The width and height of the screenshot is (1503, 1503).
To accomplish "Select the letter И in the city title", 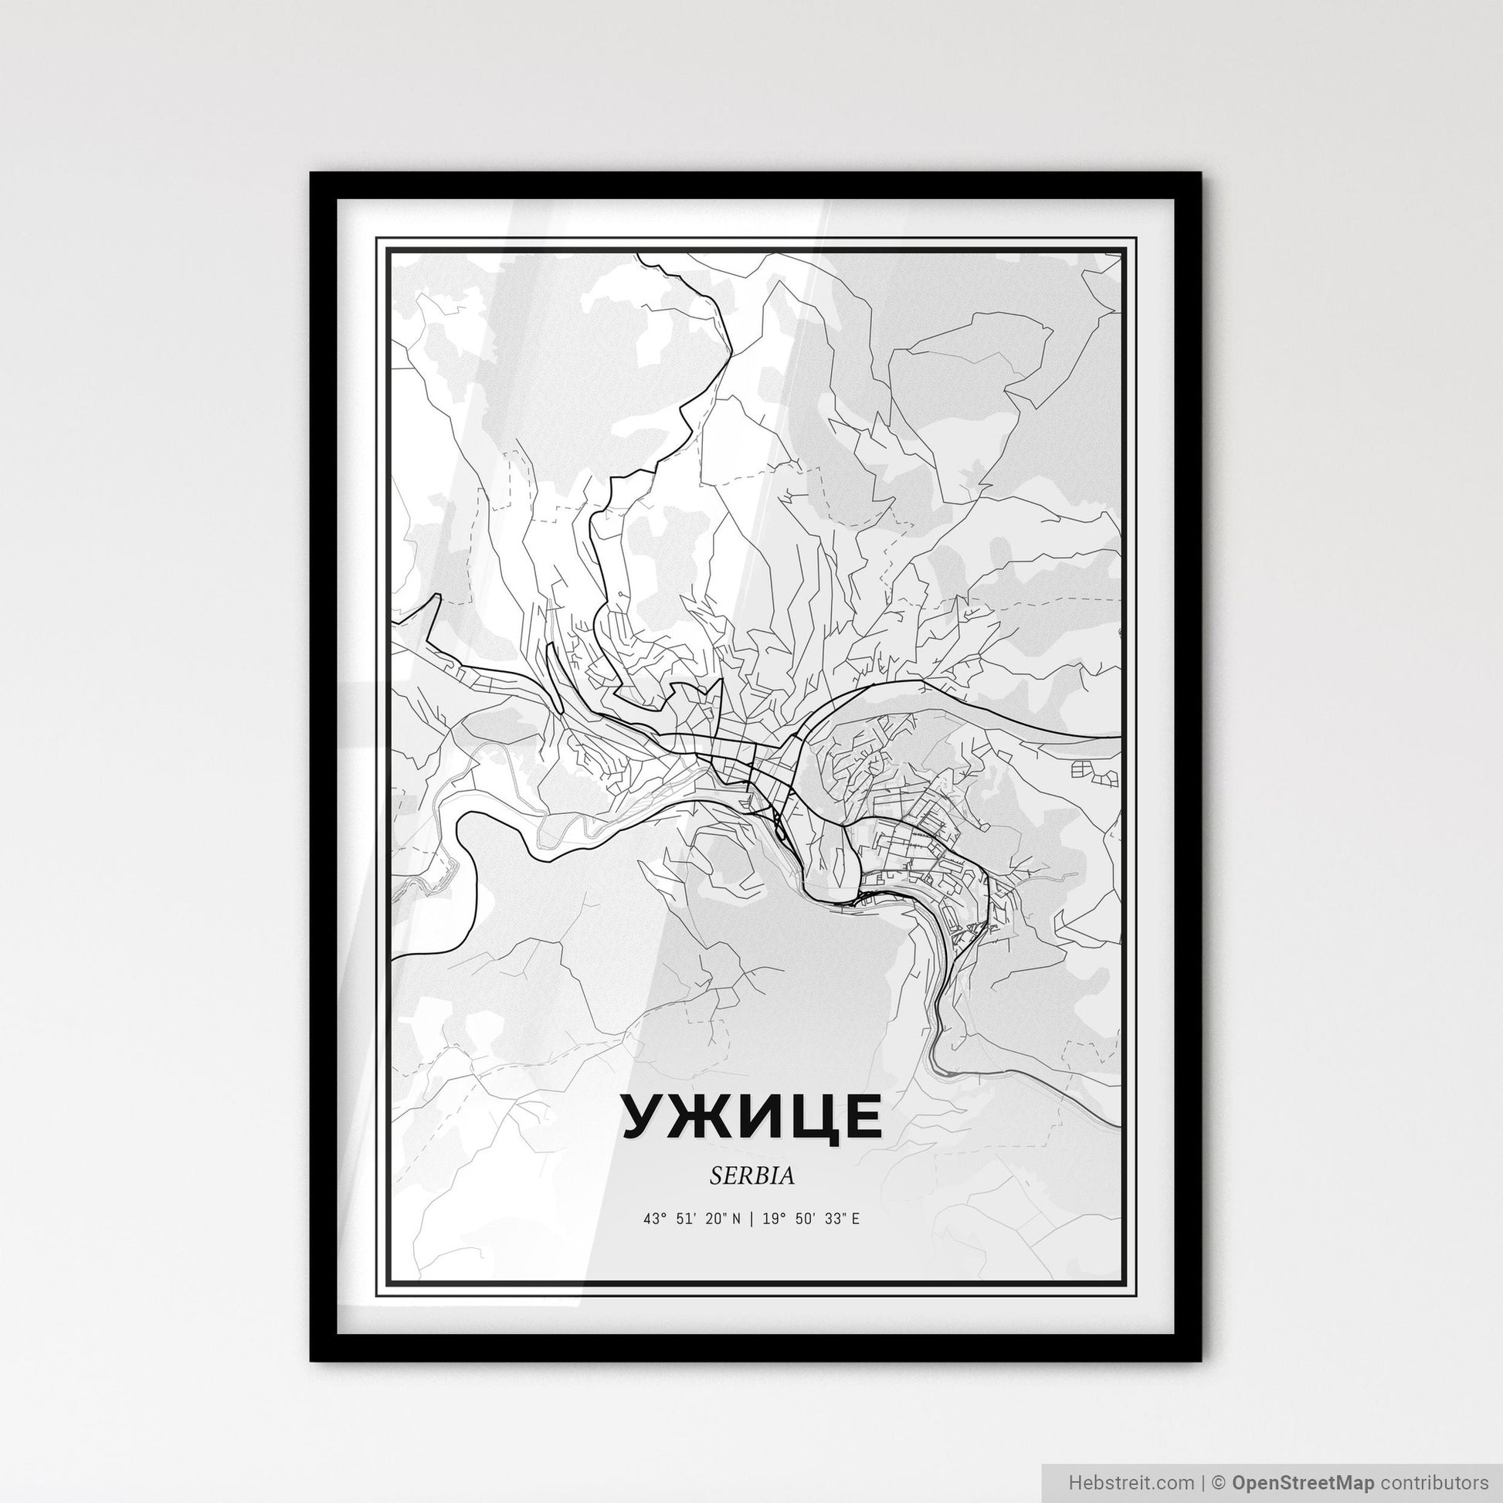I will [752, 1116].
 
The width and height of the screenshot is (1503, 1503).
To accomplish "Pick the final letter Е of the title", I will [860, 1116].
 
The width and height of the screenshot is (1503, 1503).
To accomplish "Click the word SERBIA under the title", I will [751, 1176].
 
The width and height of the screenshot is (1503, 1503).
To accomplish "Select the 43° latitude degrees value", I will [654, 1220].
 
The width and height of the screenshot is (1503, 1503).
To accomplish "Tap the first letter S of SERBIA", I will [714, 1176].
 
